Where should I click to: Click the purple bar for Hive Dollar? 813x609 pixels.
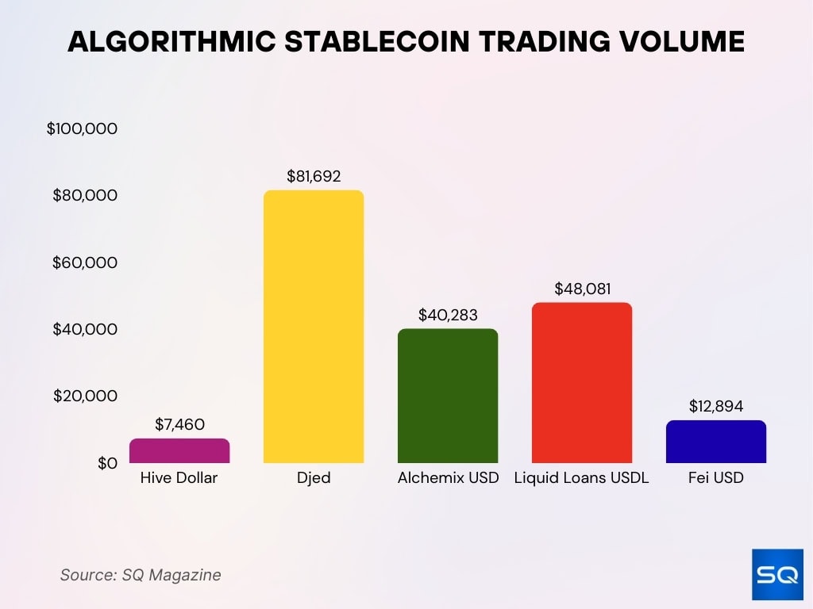point(179,450)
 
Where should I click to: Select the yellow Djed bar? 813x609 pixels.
point(314,327)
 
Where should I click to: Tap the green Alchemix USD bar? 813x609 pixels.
point(448,396)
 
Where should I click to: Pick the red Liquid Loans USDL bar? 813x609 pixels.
point(582,382)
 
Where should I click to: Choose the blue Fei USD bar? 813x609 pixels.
point(716,442)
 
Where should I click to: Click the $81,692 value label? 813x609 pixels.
point(314,176)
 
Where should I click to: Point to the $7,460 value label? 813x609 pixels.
point(179,425)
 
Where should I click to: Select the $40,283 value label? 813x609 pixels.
point(448,315)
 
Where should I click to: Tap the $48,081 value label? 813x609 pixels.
point(582,289)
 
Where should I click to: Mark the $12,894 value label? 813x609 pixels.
point(716,406)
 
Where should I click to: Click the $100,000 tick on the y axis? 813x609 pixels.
point(83,128)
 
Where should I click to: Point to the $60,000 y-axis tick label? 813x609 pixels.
point(85,262)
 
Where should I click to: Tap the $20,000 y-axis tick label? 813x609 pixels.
point(85,396)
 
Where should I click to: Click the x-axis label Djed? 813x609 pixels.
point(314,478)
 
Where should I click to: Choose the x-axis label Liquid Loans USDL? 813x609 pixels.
point(582,478)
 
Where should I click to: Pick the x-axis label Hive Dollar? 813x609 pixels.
point(179,478)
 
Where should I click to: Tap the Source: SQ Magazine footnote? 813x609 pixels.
point(141,575)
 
